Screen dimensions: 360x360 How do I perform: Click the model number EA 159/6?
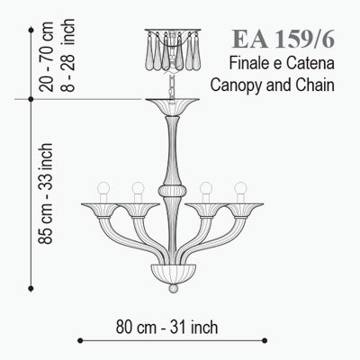tap(283, 39)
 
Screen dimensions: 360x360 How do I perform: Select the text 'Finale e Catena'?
tap(282, 64)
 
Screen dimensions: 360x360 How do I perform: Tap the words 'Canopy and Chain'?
tap(272, 85)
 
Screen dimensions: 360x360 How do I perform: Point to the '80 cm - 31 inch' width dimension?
tap(166, 327)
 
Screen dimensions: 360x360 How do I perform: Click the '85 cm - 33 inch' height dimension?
tap(46, 193)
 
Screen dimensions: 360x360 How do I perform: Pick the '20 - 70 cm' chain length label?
tap(46, 57)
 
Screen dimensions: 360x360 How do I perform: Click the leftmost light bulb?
tap(103, 188)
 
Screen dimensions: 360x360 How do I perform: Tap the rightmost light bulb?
tap(240, 188)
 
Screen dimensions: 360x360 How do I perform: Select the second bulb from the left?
tap(138, 188)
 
